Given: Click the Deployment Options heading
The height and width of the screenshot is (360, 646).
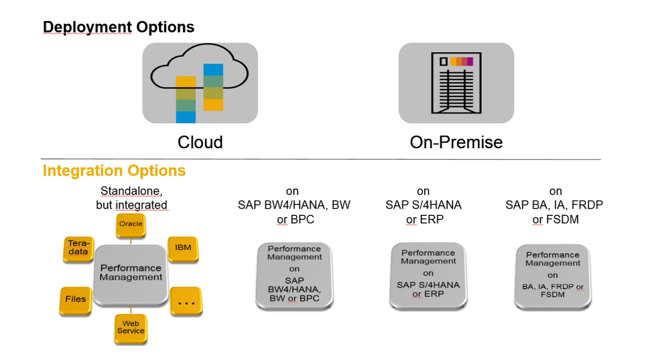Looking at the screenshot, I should [118, 27].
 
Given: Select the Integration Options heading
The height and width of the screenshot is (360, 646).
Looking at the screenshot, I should [114, 171].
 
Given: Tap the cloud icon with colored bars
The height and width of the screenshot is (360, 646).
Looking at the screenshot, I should [200, 83].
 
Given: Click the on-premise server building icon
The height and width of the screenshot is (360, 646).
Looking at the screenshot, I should [456, 83].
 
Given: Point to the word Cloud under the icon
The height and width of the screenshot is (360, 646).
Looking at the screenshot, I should [200, 142].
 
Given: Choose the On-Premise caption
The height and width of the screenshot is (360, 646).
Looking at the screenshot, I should [456, 142].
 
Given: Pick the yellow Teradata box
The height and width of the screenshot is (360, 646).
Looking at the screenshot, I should [78, 248].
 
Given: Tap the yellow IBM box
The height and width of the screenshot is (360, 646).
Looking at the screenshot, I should [183, 248].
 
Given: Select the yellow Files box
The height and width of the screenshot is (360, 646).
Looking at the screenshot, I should [75, 299].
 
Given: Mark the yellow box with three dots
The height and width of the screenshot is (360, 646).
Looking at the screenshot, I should [186, 301].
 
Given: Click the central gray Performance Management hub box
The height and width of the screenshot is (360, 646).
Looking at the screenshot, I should [130, 273].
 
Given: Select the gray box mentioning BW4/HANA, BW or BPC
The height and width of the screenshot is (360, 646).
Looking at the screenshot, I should [294, 276].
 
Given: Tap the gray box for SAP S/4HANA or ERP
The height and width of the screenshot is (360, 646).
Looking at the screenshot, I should [428, 276].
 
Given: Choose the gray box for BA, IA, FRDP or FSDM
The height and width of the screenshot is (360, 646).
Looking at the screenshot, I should [553, 276].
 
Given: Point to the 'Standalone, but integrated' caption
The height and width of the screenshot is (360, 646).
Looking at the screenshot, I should [131, 198].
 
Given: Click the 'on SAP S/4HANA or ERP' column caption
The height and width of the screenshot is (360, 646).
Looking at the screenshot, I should [423, 205].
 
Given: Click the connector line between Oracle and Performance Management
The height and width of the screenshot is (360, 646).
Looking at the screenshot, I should [131, 241].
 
